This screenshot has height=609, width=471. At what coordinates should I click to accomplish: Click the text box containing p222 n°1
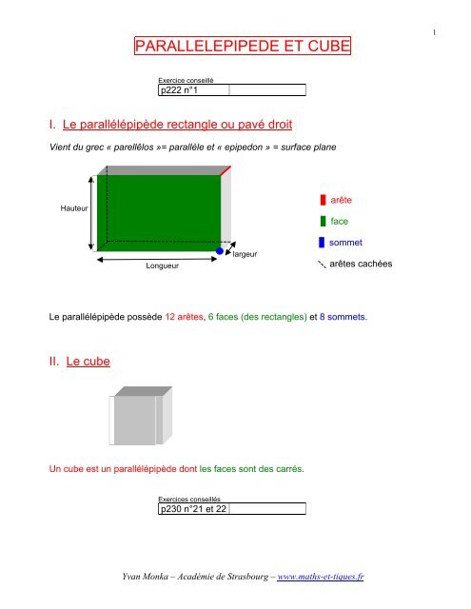click(x=232, y=90)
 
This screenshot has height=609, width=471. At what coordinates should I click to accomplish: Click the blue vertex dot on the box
click(x=220, y=251)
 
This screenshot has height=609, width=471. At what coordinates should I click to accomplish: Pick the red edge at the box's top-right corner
click(x=226, y=169)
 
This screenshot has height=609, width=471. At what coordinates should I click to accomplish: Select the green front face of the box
click(x=158, y=208)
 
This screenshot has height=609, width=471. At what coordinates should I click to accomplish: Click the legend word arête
click(x=342, y=200)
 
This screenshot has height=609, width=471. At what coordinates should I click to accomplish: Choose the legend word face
click(x=339, y=221)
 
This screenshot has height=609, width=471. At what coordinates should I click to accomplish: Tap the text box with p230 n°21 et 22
click(x=232, y=509)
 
